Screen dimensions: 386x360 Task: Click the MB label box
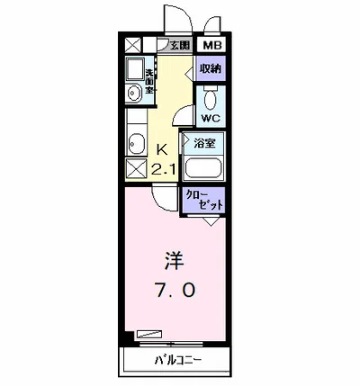pyautogui.click(x=211, y=45)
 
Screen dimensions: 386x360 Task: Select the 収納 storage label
pyautogui.click(x=210, y=69)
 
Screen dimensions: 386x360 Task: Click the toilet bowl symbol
pyautogui.click(x=210, y=98)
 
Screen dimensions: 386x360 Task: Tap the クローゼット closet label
pyautogui.click(x=202, y=200)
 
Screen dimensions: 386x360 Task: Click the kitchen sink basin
pyautogui.click(x=137, y=143)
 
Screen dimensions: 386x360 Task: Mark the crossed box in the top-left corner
pyautogui.click(x=133, y=45)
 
